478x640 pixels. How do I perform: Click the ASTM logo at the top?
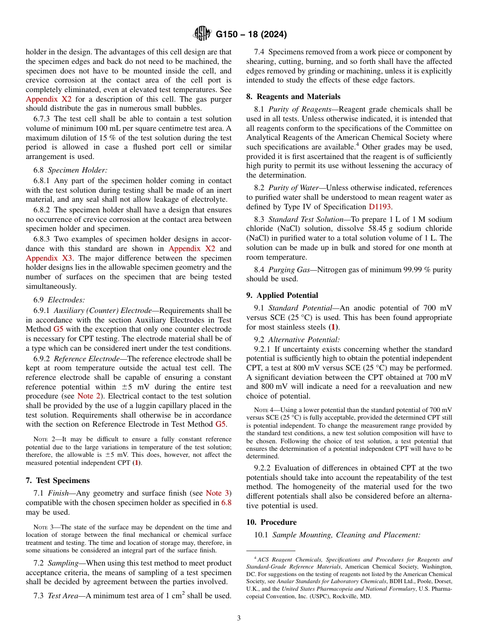tap(202, 34)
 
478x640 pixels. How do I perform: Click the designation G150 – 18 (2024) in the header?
tap(251, 35)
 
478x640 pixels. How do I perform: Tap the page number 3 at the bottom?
tap(238, 618)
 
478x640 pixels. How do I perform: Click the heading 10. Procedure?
tap(276, 522)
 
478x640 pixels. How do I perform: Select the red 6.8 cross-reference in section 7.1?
tap(226, 503)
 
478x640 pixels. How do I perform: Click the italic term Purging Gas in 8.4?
tap(289, 270)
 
